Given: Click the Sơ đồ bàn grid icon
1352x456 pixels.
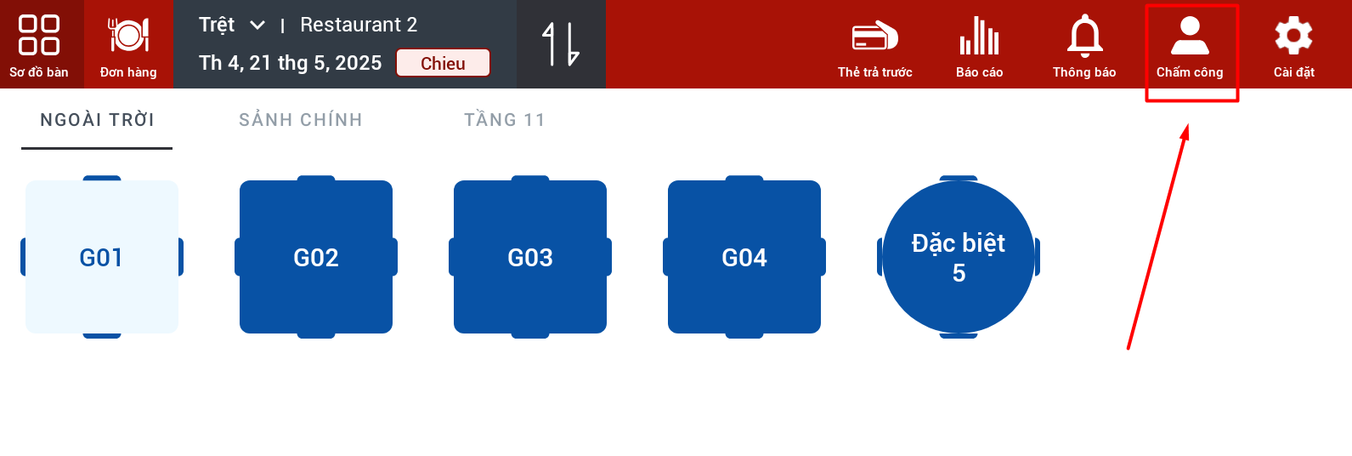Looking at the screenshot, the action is click(38, 35).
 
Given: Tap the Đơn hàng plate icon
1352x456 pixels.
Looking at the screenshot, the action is click(128, 35).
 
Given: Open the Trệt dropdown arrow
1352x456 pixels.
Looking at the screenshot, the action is click(257, 26).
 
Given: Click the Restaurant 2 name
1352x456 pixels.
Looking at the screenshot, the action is click(359, 25).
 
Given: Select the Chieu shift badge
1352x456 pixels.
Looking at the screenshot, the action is click(443, 63).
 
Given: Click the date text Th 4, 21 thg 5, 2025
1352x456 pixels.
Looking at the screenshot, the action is click(291, 63).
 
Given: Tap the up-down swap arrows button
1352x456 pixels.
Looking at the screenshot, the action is click(561, 44).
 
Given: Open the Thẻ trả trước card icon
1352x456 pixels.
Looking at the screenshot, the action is click(874, 37).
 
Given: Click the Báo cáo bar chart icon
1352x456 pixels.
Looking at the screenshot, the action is click(979, 36).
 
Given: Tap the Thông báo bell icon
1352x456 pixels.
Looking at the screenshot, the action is click(1084, 36).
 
